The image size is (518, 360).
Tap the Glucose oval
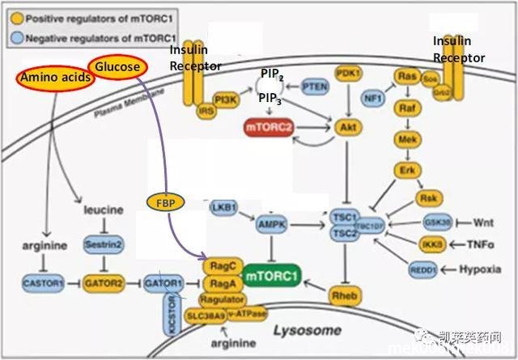point(118,67)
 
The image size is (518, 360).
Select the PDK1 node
point(348,73)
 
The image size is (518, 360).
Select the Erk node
point(406,170)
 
